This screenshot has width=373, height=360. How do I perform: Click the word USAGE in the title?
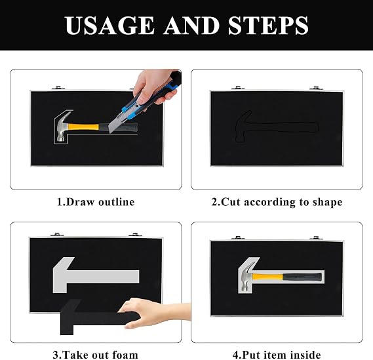[x=109, y=26]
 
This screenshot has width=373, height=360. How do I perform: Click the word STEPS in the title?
[x=268, y=26]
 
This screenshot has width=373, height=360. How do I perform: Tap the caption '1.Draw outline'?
[x=96, y=202]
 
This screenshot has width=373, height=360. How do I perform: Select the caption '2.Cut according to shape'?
[x=277, y=202]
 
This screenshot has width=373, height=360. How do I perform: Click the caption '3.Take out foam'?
[x=96, y=355]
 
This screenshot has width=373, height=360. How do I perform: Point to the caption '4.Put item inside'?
[x=277, y=355]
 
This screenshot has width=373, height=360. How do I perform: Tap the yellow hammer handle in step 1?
[x=83, y=127]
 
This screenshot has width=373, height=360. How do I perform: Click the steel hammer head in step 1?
[x=62, y=126]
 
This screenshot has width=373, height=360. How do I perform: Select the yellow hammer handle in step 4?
[x=267, y=277]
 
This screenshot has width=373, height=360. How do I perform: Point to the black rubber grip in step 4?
[x=302, y=277]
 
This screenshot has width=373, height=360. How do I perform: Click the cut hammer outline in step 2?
[x=276, y=127]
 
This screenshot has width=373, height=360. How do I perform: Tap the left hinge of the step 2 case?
[x=238, y=88]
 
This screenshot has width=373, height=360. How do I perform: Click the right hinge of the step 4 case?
[x=316, y=237]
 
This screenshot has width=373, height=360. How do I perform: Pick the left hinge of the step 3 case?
[x=57, y=235]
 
